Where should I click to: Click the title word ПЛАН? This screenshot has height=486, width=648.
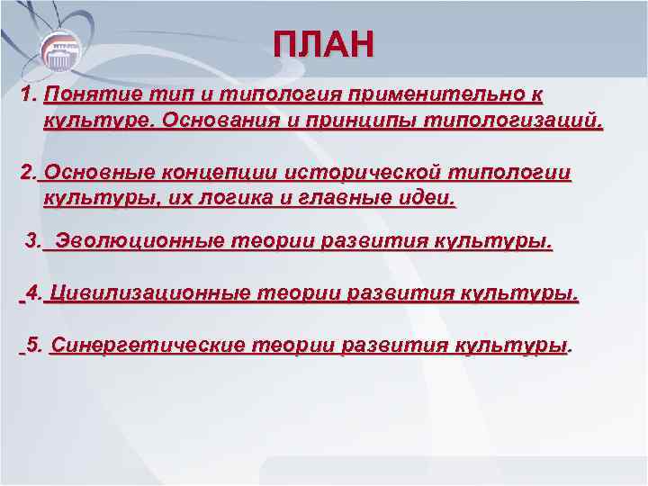click(x=323, y=44)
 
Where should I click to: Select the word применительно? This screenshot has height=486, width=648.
click(x=428, y=94)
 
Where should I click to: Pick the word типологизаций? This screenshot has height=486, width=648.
click(x=513, y=120)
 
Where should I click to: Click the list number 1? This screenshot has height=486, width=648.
click(x=27, y=94)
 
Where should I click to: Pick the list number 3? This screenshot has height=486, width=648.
click(x=33, y=242)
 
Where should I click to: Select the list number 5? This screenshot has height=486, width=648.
click(x=34, y=346)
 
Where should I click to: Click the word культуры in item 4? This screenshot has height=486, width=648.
click(x=518, y=294)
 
